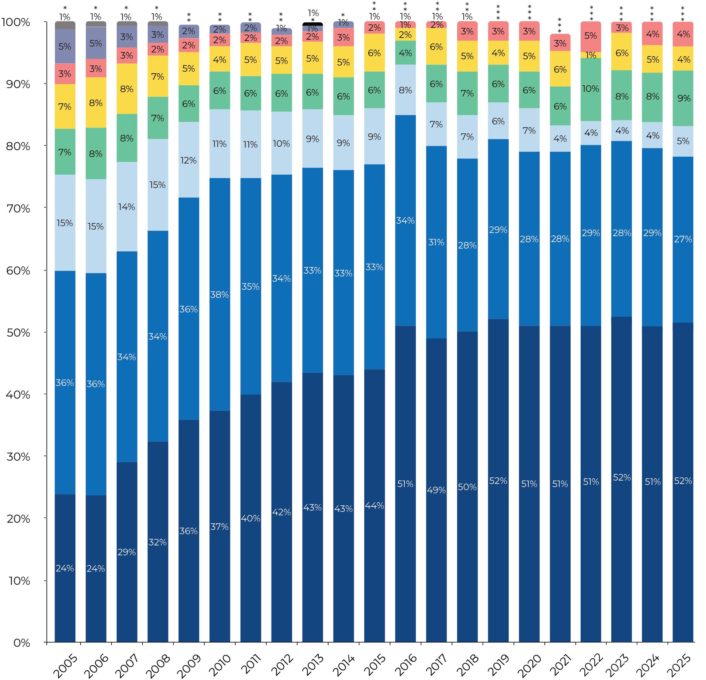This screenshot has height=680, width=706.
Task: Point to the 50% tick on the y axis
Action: click(18, 333)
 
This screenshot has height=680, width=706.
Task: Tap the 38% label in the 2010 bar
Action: click(219, 295)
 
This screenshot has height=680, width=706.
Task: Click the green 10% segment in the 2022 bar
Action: click(591, 89)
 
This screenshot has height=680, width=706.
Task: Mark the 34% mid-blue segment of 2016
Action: click(405, 221)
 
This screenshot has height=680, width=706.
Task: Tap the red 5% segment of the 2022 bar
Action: click(591, 36)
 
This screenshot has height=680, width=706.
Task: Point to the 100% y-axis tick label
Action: click(16, 22)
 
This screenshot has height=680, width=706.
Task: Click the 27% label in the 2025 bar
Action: click(683, 239)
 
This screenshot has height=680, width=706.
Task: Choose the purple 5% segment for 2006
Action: click(96, 43)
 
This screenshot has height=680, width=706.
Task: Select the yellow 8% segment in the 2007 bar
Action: click(127, 89)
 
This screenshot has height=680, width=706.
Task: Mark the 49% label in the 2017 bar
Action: click(436, 490)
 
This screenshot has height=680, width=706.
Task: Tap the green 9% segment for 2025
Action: click(683, 98)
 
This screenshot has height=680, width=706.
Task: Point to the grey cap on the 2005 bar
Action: click(65, 25)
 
